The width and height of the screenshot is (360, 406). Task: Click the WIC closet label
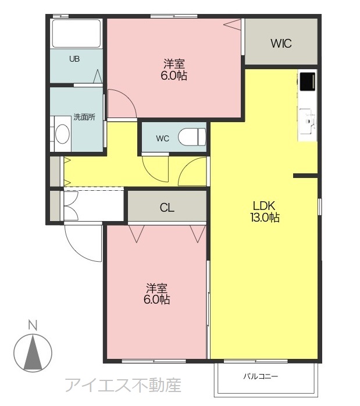pyautogui.click(x=281, y=44)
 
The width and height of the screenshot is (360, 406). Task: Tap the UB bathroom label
pyautogui.click(x=74, y=59)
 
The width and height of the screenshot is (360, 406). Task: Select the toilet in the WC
pyautogui.click(x=192, y=137)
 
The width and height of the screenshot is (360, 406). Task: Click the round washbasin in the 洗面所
pyautogui.click(x=62, y=134)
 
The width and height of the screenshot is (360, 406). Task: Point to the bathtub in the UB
pyautogui.click(x=76, y=33)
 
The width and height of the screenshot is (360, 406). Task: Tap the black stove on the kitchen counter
pyautogui.click(x=308, y=81)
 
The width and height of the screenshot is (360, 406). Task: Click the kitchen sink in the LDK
pyautogui.click(x=308, y=121)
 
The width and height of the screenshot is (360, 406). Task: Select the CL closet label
pyautogui.click(x=167, y=208)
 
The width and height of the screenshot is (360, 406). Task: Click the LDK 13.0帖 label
pyautogui.click(x=265, y=212)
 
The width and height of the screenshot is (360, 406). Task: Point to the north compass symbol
pyautogui.click(x=33, y=353)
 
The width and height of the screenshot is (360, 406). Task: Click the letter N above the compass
pyautogui.click(x=33, y=325)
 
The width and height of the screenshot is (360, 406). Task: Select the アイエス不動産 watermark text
pyautogui.click(x=123, y=385)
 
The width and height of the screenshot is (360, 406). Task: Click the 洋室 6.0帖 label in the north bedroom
pyautogui.click(x=174, y=70)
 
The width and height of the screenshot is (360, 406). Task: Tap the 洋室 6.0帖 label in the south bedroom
pyautogui.click(x=157, y=294)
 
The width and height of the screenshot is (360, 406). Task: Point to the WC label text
pyautogui.click(x=162, y=139)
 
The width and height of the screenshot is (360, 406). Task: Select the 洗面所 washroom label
pyautogui.click(x=84, y=117)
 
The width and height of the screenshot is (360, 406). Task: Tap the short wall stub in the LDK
pyautogui.click(x=305, y=176)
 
